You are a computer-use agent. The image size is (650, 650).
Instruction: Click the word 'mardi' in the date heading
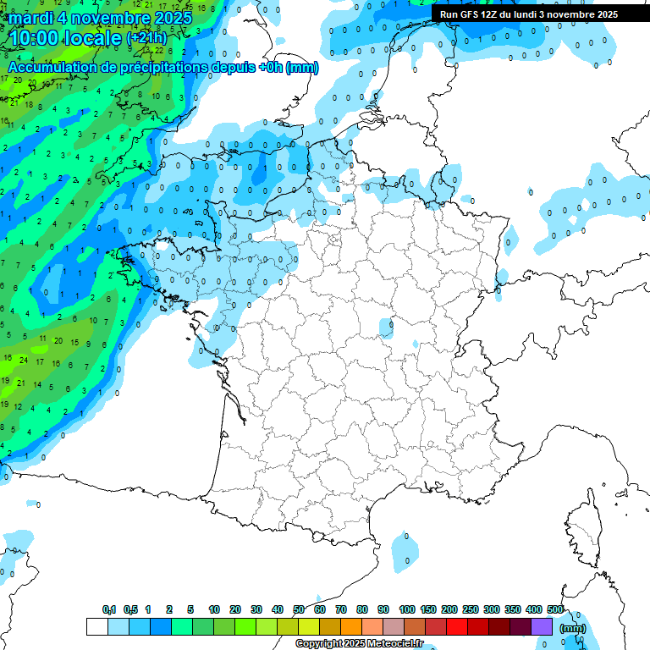(x=32, y=17)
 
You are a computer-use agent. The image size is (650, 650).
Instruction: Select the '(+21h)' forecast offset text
(x=146, y=38)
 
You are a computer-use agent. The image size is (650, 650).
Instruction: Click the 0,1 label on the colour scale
(x=109, y=609)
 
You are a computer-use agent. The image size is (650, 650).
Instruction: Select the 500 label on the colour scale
(x=555, y=609)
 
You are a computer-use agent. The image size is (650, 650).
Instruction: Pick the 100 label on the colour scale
(x=407, y=609)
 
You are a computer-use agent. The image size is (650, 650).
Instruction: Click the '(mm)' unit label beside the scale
(x=573, y=628)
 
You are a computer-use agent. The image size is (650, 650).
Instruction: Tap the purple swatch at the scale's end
(x=542, y=627)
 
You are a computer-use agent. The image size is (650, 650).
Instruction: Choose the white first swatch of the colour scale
(x=96, y=627)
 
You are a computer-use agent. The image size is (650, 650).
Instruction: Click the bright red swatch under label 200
(x=456, y=627)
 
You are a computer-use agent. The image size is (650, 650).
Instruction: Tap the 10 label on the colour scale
(x=214, y=609)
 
